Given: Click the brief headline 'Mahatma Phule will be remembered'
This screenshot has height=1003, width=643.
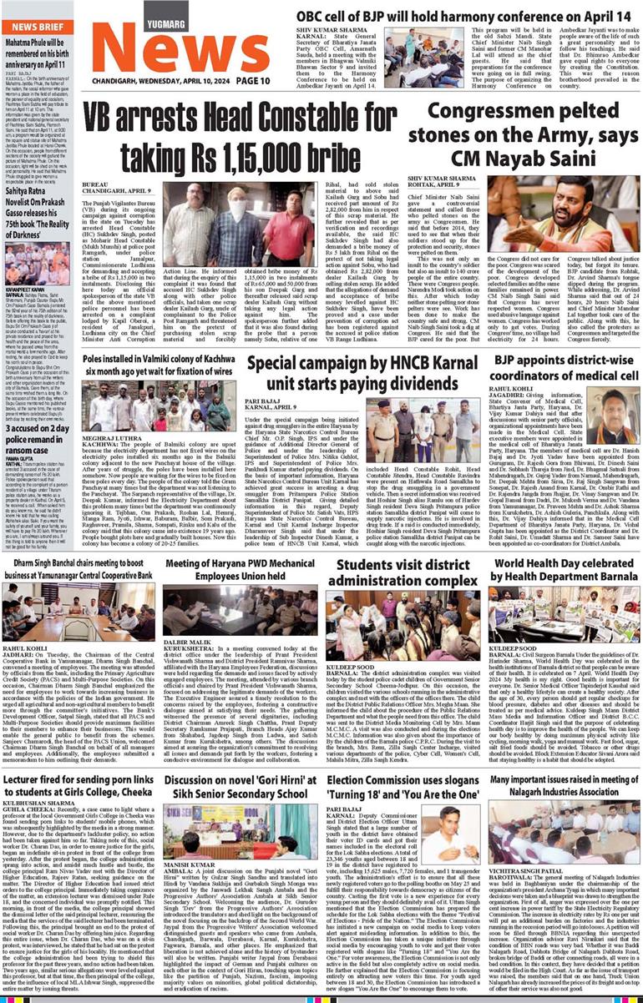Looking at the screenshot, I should point(38,53).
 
